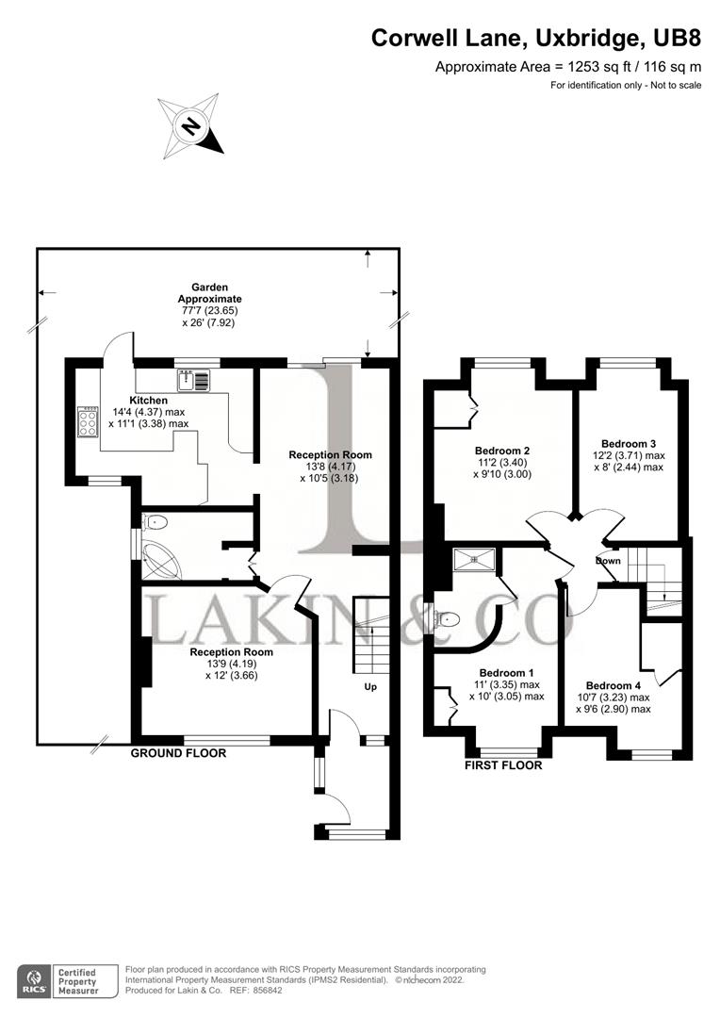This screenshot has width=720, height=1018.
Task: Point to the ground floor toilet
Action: pos(153,521)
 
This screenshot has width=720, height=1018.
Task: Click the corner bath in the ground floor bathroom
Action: pos(161,559)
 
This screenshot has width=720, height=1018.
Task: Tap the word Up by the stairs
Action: pos(370,686)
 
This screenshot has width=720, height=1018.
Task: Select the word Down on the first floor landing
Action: pos(608,561)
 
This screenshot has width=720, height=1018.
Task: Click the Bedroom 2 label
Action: pos(502,451)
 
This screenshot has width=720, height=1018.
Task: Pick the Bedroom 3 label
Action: pos(629,443)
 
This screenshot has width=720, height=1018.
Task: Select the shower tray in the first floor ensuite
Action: pos(473,559)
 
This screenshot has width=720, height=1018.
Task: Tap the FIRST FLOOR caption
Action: pos(503,765)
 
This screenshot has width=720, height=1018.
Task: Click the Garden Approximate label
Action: pos(210,292)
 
